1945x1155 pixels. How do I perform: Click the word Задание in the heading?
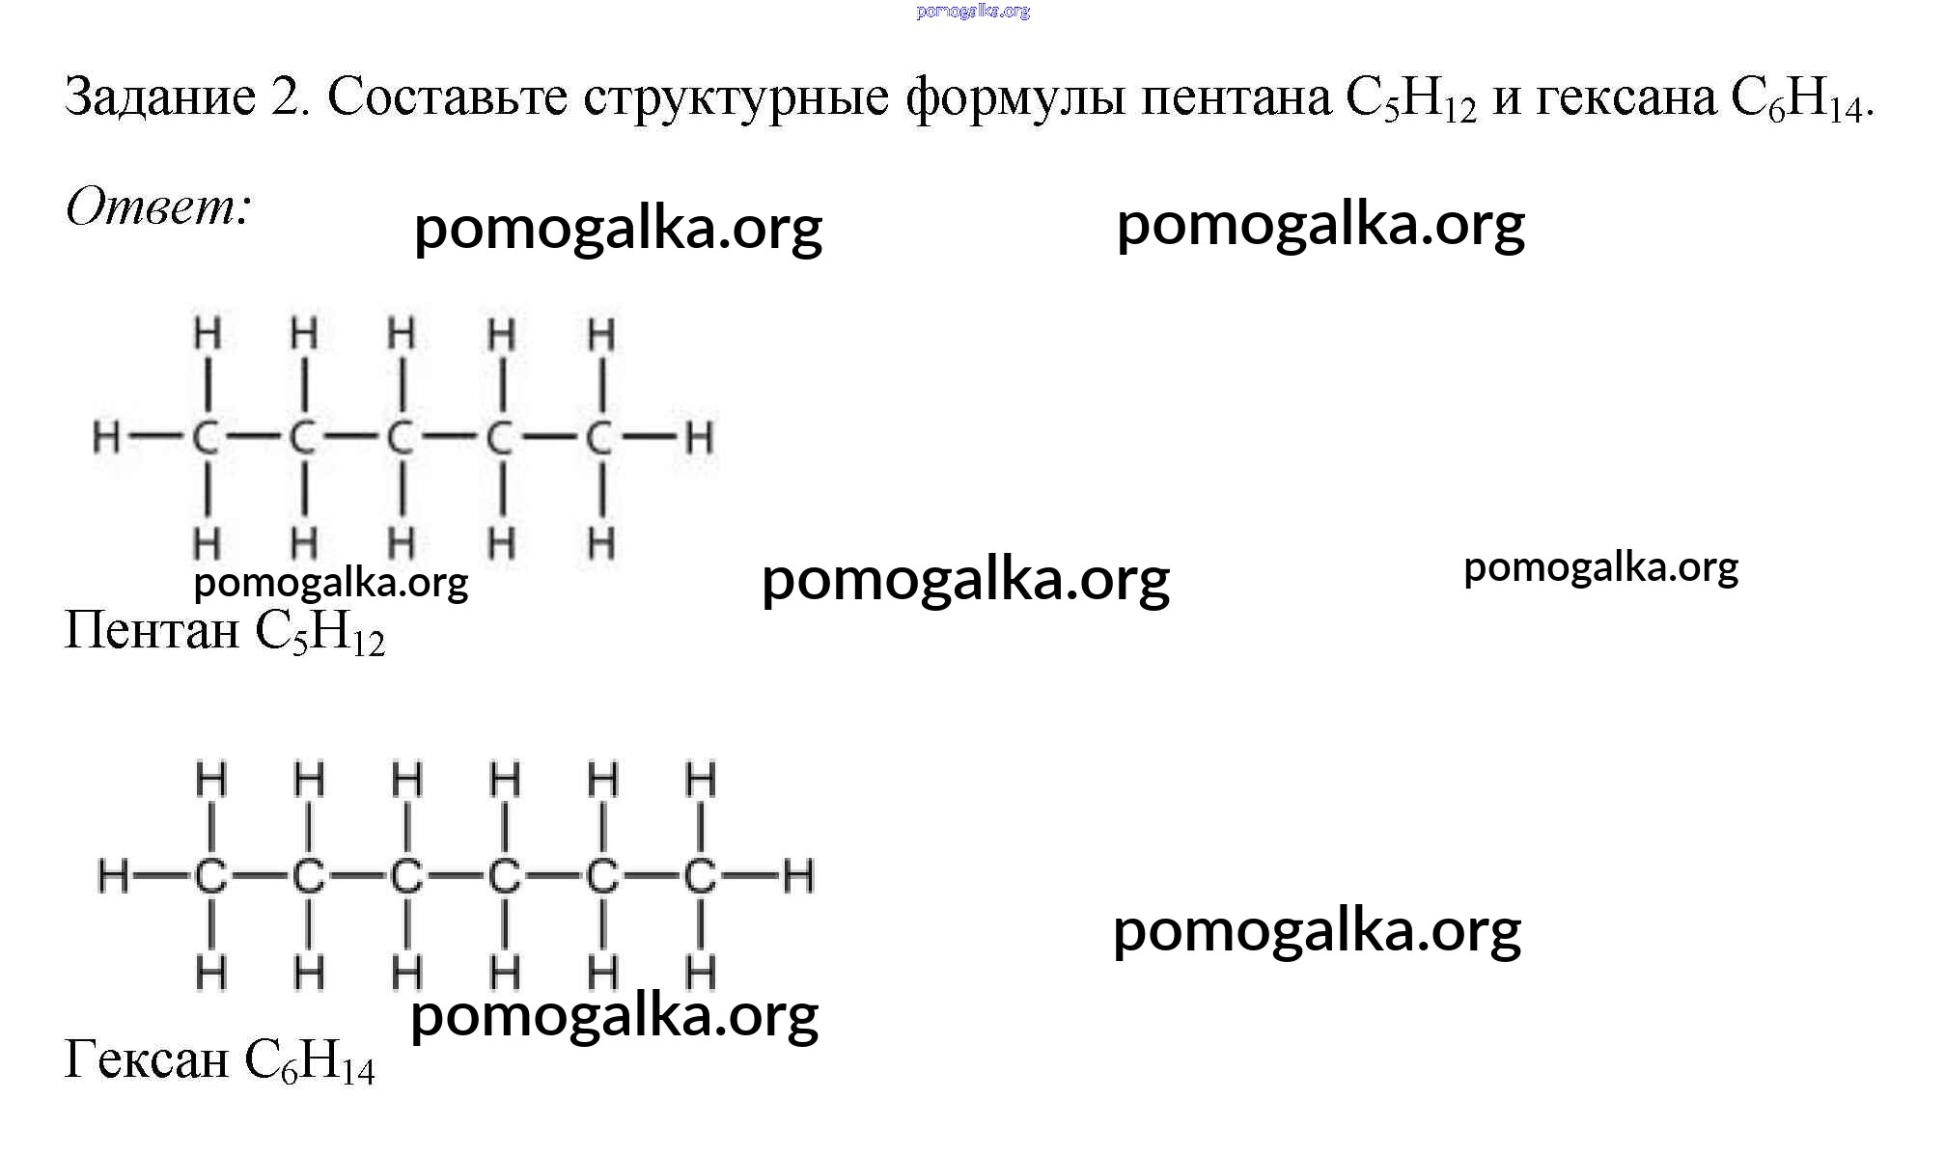click(x=160, y=96)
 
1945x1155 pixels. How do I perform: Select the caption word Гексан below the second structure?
click(x=147, y=1059)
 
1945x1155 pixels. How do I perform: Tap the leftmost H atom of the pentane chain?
click(x=106, y=438)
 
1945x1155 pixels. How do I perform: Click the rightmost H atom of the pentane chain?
click(x=699, y=438)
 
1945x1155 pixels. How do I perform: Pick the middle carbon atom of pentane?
click(x=400, y=438)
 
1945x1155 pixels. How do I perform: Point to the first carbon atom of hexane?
click(x=211, y=876)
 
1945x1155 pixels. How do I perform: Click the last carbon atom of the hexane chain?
click(x=701, y=876)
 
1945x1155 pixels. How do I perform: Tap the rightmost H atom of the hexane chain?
click(x=798, y=876)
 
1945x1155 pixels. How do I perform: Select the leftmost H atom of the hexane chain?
click(x=113, y=876)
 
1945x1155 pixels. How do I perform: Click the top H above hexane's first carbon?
click(x=211, y=779)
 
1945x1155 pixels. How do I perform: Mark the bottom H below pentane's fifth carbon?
click(x=601, y=543)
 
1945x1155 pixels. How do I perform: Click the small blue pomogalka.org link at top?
click(x=973, y=12)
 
